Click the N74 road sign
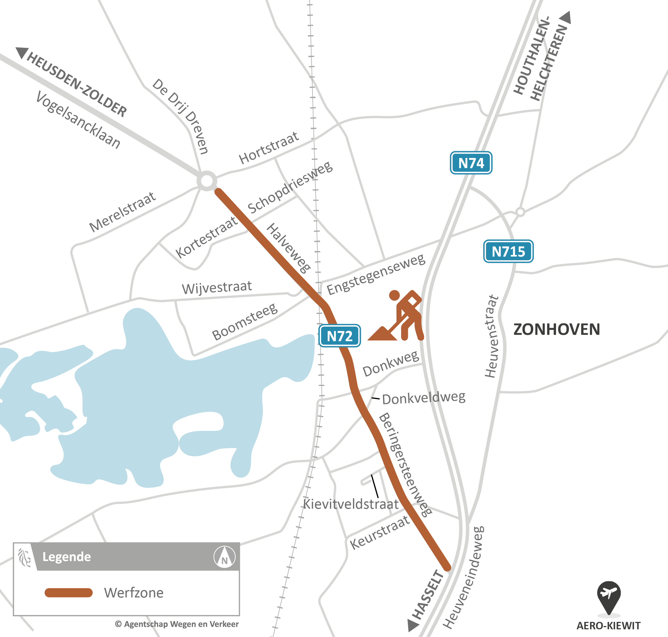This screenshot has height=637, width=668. click(x=471, y=163)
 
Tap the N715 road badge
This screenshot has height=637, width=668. click(x=508, y=252)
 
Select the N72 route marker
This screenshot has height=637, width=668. click(x=339, y=336)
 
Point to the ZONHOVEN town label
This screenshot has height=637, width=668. click(x=556, y=330)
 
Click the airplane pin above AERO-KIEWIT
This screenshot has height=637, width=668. click(x=609, y=593)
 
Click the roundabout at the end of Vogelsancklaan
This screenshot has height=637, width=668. click(x=207, y=181)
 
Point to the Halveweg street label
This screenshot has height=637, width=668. click(x=289, y=248)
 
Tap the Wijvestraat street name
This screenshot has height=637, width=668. click(x=217, y=288)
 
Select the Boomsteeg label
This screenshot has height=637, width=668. click(x=245, y=322)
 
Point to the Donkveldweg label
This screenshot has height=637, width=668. click(x=424, y=398)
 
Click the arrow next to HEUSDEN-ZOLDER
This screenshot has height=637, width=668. click(x=22, y=53)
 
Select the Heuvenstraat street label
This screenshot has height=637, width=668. click(x=492, y=336)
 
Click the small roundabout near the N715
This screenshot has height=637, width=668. click(x=520, y=212)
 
